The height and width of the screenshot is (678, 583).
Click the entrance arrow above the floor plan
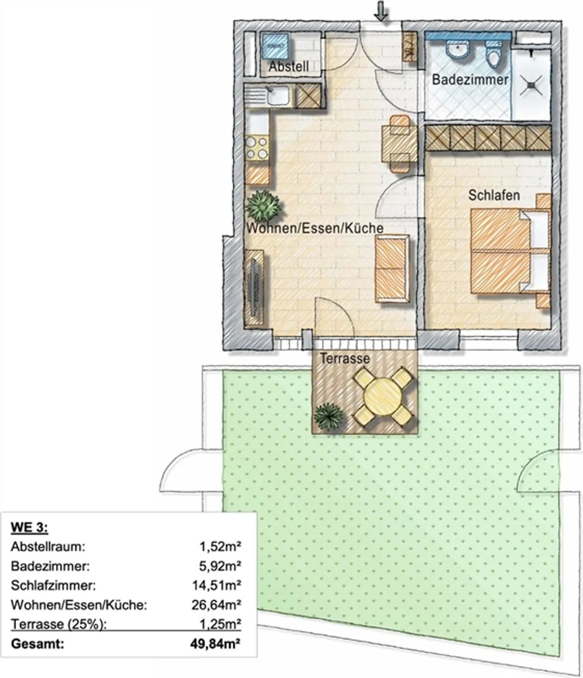coord(381,11)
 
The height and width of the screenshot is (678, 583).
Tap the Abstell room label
coord(289,66)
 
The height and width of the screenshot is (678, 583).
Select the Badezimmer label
coord(470,79)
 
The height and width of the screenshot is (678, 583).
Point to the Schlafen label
coord(494,195)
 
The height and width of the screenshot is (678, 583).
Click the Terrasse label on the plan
coord(345,358)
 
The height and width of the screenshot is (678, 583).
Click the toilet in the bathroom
coord(494,55)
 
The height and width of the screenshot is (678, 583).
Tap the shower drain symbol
coord(532,85)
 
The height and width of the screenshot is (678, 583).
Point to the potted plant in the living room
coord(264,205)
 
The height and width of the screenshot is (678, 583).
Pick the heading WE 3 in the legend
coord(29,527)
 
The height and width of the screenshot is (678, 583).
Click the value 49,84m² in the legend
coord(215,644)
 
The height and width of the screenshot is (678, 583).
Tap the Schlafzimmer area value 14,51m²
coord(216,586)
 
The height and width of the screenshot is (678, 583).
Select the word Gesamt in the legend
coord(37,644)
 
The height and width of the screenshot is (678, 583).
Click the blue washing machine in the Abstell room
coord(275,45)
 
